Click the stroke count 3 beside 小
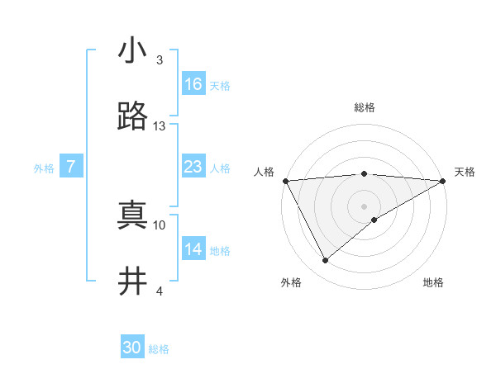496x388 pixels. [160, 60]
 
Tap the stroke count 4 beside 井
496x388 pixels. [160, 291]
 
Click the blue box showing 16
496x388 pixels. [193, 84]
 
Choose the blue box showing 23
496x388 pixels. [193, 167]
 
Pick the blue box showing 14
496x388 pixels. [193, 249]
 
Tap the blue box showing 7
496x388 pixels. [72, 167]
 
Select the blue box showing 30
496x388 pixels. [132, 348]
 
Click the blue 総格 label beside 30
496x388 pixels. [160, 349]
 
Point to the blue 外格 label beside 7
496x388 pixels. [44, 168]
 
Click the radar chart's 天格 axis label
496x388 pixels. [465, 172]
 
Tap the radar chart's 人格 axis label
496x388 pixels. [264, 172]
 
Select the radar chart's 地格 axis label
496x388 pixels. [433, 282]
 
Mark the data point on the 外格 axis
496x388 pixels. [325, 261]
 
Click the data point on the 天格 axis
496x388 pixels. [443, 180]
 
